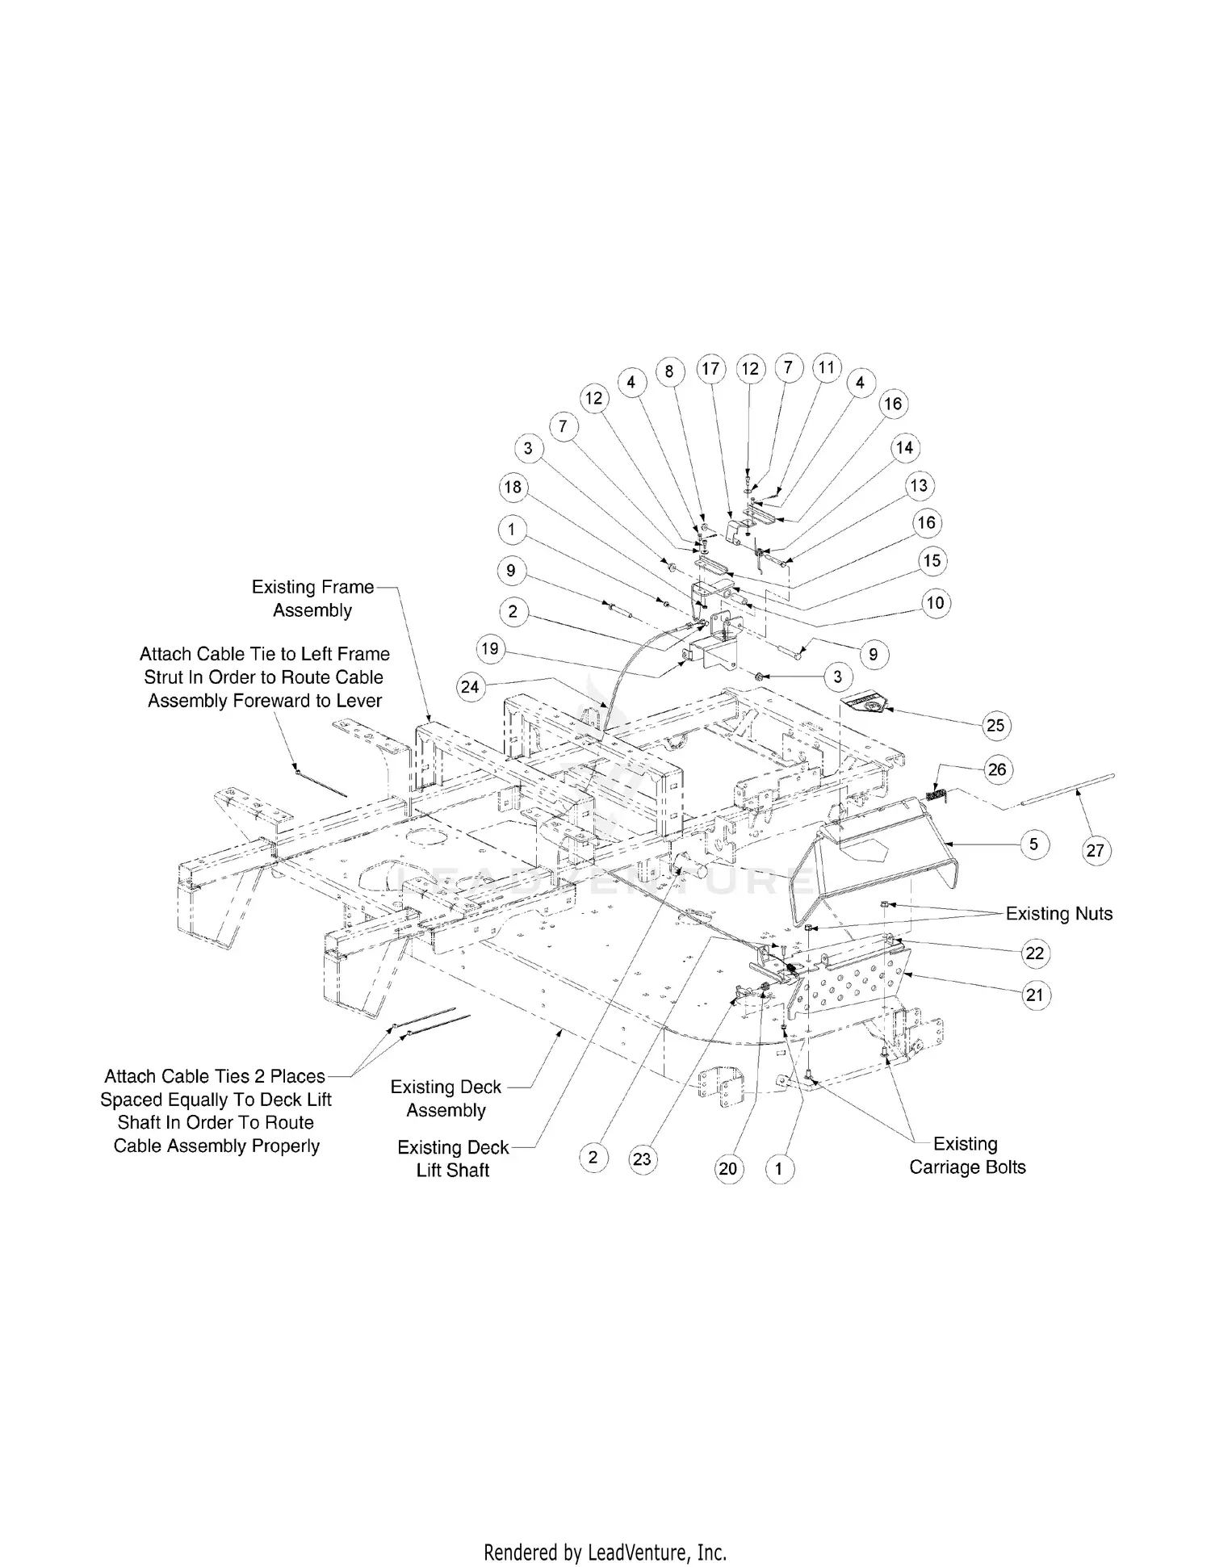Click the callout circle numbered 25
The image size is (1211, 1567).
click(995, 725)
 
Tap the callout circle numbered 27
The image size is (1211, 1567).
click(1095, 850)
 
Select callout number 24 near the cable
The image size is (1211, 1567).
click(469, 686)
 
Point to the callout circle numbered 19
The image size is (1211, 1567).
click(490, 648)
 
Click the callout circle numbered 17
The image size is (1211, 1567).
click(710, 370)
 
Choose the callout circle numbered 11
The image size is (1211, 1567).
click(826, 367)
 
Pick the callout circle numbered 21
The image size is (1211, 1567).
click(1034, 995)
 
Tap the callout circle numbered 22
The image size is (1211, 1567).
click(1034, 953)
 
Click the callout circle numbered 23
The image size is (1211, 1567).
click(642, 1159)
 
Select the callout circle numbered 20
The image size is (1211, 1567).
click(728, 1168)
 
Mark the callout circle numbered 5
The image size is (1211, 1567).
click(1034, 844)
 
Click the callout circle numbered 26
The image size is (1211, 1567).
click(997, 769)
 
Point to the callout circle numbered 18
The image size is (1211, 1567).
click(513, 487)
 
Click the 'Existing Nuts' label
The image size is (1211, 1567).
click(1058, 914)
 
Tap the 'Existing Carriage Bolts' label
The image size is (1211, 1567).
click(966, 1155)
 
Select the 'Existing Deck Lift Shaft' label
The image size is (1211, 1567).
click(453, 1158)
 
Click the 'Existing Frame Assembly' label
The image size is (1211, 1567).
click(312, 598)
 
